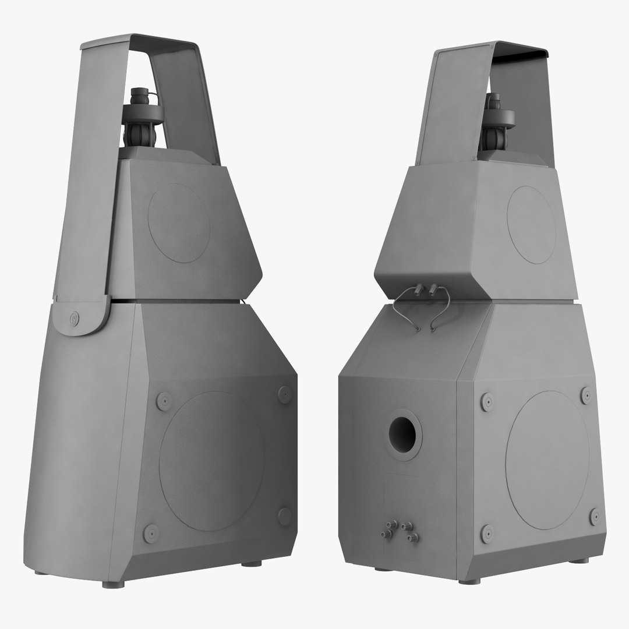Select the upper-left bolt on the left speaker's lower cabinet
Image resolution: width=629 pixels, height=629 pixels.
[164, 401]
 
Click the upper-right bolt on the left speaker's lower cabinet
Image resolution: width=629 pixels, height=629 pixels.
[284, 394]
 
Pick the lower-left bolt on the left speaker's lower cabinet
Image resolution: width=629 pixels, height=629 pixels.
[151, 532]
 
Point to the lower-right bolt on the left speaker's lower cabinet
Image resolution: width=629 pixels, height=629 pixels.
[285, 515]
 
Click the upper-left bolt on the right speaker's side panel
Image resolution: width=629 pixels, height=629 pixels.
[487, 401]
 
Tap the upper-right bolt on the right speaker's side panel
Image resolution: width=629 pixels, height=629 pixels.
[586, 395]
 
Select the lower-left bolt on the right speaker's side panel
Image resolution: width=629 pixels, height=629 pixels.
[487, 533]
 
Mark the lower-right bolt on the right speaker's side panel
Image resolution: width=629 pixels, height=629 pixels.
[595, 516]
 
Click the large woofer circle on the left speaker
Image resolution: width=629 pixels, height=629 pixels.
[211, 460]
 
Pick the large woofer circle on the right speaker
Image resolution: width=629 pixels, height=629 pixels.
[547, 460]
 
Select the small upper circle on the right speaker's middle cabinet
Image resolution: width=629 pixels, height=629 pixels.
[531, 224]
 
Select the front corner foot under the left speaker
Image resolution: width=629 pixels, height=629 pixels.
[113, 584]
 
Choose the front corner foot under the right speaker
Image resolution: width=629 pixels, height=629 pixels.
[469, 581]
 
